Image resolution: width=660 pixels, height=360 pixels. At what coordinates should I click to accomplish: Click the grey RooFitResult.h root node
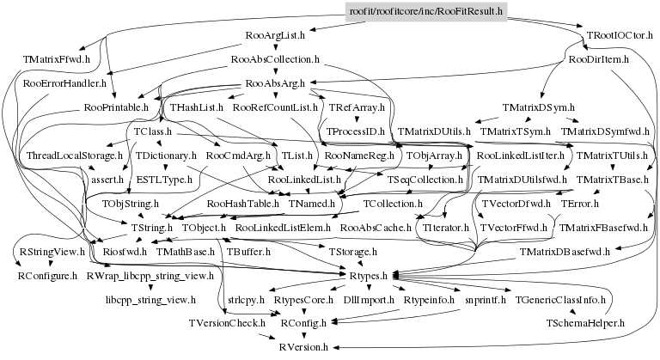click(425, 11)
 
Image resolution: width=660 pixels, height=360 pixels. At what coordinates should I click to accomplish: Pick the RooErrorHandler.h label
click(64, 83)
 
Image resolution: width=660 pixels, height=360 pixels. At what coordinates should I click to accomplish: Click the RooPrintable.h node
click(116, 107)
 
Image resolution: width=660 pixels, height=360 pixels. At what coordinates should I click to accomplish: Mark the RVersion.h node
click(302, 347)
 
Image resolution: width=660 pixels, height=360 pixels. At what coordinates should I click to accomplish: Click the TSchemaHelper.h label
click(584, 324)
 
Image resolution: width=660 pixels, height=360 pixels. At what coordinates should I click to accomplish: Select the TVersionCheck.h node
click(227, 324)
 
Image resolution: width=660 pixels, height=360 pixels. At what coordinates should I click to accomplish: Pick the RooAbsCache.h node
click(374, 228)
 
